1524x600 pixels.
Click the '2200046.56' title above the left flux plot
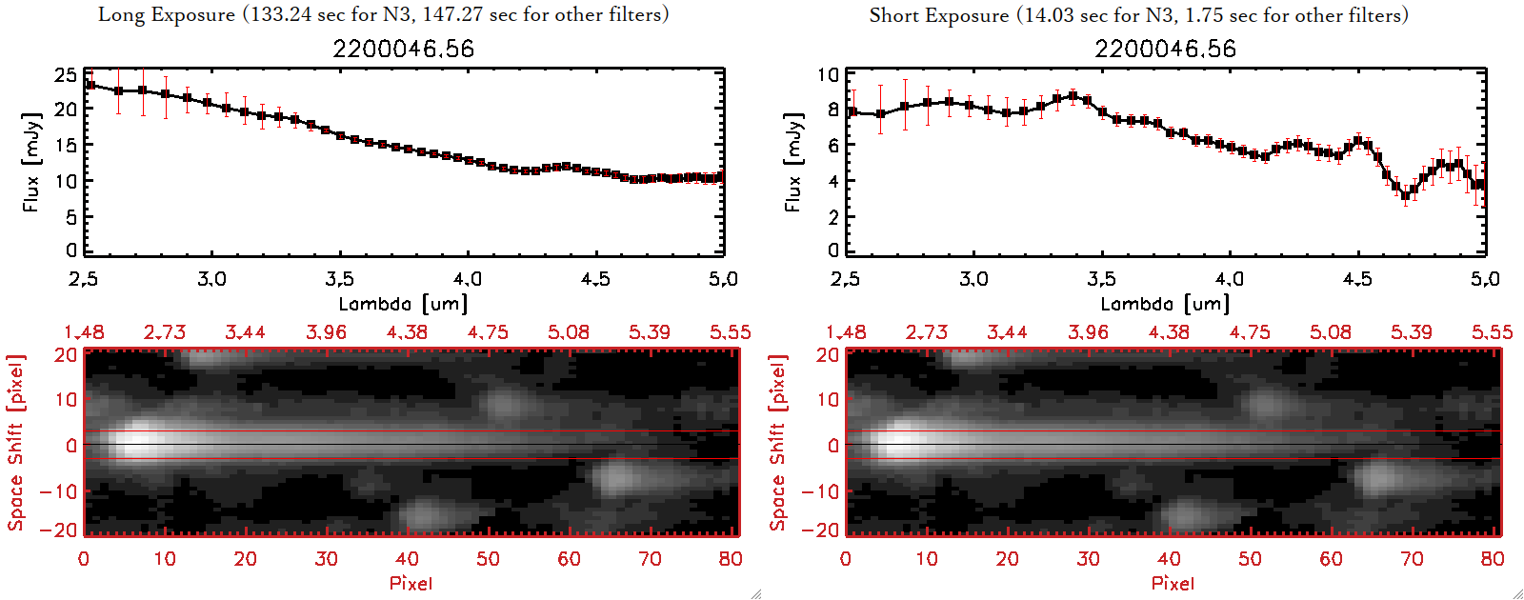point(403,49)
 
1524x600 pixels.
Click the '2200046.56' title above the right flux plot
point(1165,49)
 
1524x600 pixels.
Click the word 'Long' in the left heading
point(120,14)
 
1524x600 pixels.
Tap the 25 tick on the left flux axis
point(66,74)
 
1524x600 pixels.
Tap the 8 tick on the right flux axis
point(832,110)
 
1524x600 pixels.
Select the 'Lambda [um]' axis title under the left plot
point(403,304)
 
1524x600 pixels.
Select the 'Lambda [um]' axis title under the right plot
point(1165,304)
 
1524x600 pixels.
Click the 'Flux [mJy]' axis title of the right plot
point(792,162)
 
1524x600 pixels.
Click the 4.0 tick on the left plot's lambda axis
point(467,279)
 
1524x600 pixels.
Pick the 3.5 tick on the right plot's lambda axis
point(1101,279)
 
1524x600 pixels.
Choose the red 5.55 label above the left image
point(730,332)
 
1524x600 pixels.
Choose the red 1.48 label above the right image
point(846,332)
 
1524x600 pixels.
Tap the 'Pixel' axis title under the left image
point(411,583)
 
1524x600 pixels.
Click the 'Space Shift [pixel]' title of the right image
point(778,443)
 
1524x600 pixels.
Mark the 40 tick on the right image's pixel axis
point(1169,559)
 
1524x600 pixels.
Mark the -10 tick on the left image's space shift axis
point(59,491)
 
